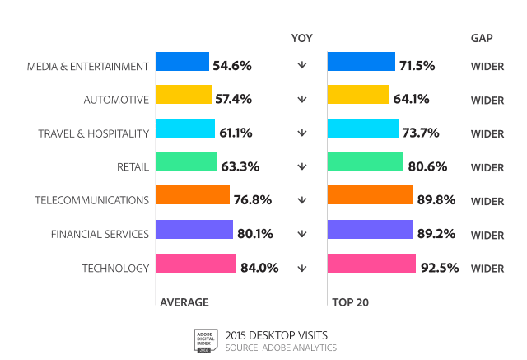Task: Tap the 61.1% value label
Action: (x=235, y=133)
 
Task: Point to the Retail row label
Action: (x=133, y=166)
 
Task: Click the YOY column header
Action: (x=301, y=37)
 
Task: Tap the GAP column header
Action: (x=482, y=37)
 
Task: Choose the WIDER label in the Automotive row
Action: (x=487, y=100)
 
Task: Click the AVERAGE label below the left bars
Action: (x=184, y=302)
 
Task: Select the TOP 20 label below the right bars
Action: (x=350, y=302)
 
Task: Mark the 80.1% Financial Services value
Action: (x=254, y=234)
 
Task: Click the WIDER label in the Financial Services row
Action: (x=487, y=235)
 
